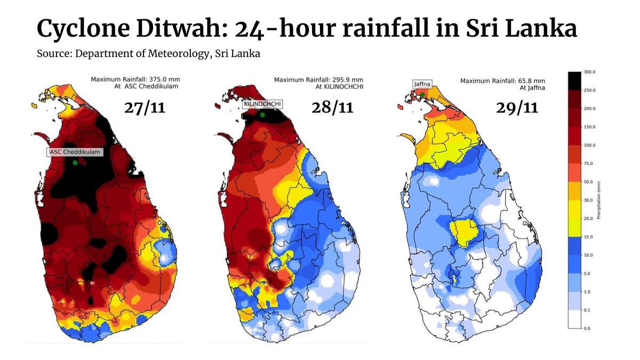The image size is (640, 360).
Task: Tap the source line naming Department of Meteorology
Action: (x=148, y=54)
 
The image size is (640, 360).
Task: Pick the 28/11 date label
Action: (x=332, y=107)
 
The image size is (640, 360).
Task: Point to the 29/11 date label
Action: (x=517, y=107)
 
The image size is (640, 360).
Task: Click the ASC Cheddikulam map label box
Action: (x=75, y=151)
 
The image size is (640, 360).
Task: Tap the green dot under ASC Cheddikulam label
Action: (x=75, y=162)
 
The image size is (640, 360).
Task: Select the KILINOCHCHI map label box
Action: (x=262, y=105)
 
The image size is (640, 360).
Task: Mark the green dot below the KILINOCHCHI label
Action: (x=262, y=115)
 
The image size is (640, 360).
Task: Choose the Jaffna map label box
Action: (x=422, y=84)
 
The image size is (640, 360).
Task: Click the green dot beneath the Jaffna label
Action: (x=422, y=94)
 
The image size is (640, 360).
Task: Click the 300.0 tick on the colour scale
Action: (x=590, y=71)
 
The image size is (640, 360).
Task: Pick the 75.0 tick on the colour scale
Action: (x=589, y=163)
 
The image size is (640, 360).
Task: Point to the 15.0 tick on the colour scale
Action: (x=589, y=236)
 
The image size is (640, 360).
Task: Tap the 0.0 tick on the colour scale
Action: (x=588, y=328)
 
